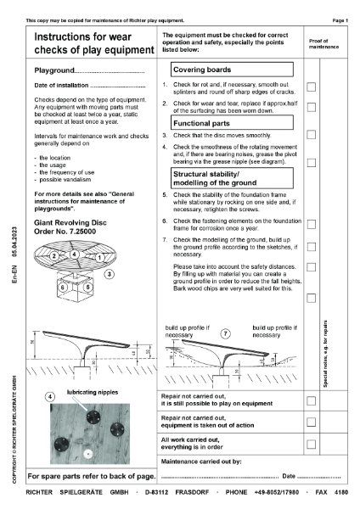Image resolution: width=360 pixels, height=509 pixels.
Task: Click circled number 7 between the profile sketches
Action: (x=225, y=334)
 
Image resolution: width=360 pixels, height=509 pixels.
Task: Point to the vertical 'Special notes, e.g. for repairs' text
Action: (x=326, y=355)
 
